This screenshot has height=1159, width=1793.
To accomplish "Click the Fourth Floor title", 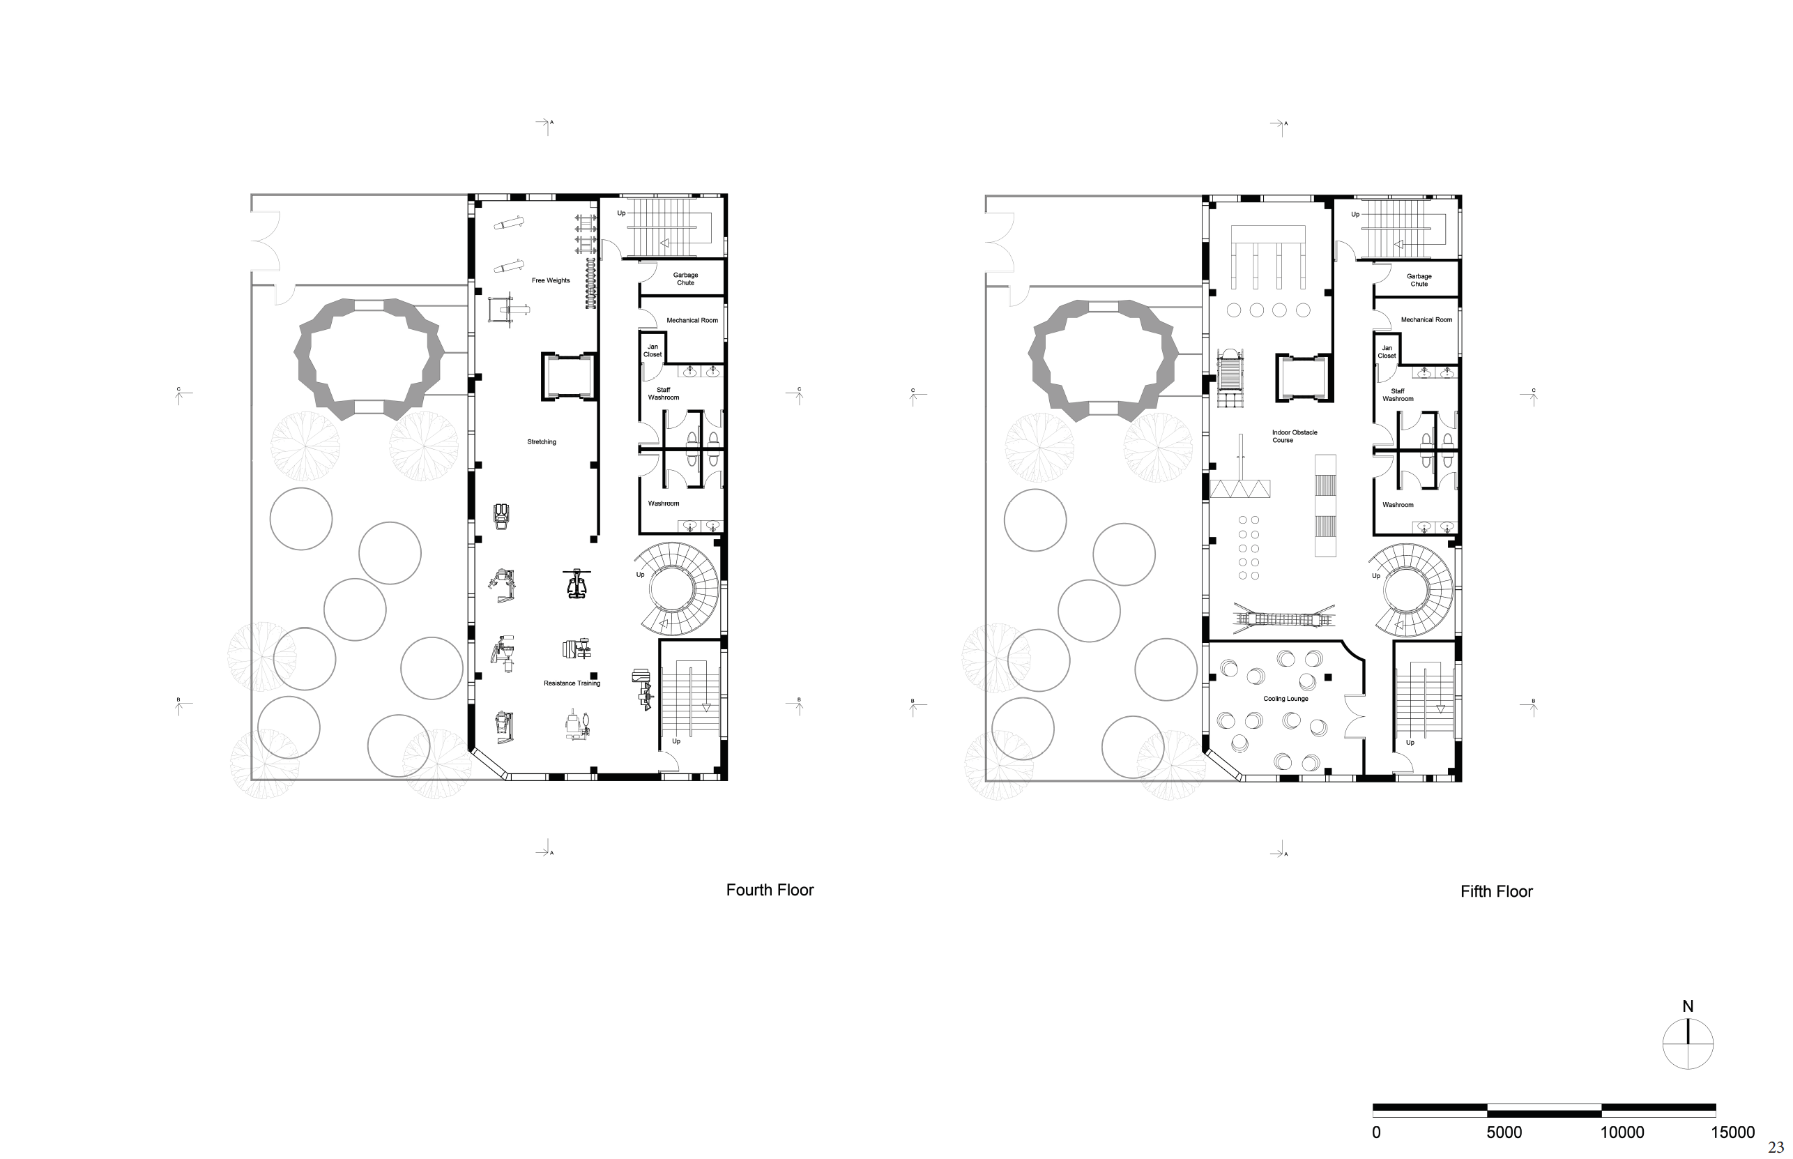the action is click(x=770, y=891).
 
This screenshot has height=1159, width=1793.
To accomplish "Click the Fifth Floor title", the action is click(x=1497, y=892).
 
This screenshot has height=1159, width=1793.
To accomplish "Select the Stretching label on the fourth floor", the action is click(x=542, y=442).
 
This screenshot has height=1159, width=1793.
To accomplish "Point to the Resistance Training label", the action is click(x=572, y=683).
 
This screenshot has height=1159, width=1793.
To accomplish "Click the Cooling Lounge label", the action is click(x=1286, y=699).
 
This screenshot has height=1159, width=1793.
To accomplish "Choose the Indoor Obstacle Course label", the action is click(x=1295, y=437).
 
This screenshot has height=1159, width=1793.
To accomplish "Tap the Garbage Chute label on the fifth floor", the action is click(x=1419, y=280).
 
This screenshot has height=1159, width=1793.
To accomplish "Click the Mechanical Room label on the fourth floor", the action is click(x=692, y=321).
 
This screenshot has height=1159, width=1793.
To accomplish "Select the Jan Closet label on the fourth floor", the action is click(x=653, y=351).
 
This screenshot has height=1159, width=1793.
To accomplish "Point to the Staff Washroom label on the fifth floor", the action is click(x=1398, y=395).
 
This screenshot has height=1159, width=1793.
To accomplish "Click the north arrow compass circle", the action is click(x=1688, y=1044).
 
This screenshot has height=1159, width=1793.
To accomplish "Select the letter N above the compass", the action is click(x=1688, y=1006).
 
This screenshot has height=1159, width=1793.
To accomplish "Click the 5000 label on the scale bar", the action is click(x=1504, y=1133).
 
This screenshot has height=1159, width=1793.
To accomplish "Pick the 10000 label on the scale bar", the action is click(x=1622, y=1133).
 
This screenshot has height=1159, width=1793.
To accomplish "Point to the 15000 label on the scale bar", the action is click(x=1733, y=1133).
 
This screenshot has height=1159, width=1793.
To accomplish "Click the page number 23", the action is click(x=1776, y=1148).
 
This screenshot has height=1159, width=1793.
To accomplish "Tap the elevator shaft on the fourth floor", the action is click(x=569, y=377).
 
